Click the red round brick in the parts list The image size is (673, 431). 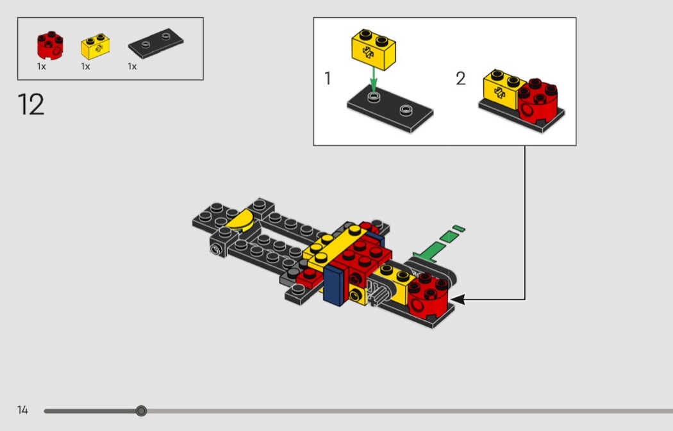click(x=50, y=45)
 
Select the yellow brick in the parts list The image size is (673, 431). click(x=96, y=46)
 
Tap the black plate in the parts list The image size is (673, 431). click(x=156, y=44)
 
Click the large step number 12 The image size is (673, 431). click(x=31, y=104)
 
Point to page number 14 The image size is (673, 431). click(x=22, y=410)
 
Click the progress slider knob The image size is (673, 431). click(x=141, y=411)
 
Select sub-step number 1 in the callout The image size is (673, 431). click(x=328, y=79)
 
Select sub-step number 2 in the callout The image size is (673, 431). click(x=461, y=79)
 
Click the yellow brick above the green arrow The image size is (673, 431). click(x=374, y=49)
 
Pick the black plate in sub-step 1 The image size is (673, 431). click(x=390, y=109)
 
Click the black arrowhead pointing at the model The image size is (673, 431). click(x=458, y=299)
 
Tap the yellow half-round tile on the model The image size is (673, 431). click(x=240, y=220)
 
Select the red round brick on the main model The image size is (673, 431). click(x=428, y=295)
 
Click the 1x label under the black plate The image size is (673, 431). click(x=132, y=67)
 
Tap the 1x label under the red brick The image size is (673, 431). click(x=41, y=67)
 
